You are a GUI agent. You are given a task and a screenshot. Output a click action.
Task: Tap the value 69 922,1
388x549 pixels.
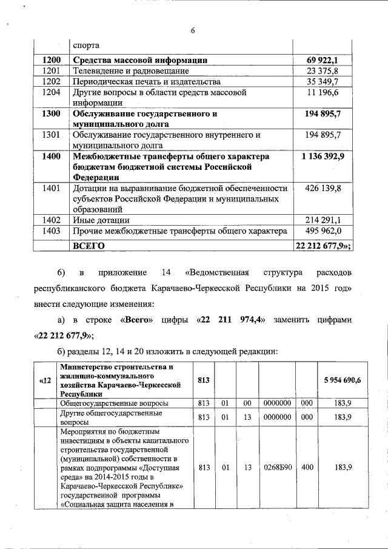[323, 60]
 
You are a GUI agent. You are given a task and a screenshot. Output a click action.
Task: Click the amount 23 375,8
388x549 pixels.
[323, 70]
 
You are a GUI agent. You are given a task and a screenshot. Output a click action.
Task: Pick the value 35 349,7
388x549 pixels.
[323, 81]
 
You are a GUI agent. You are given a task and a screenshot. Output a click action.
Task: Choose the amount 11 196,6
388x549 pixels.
[323, 92]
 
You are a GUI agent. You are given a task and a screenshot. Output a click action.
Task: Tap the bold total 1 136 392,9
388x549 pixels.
[323, 156]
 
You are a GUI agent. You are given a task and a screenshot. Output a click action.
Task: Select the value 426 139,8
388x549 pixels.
[323, 189]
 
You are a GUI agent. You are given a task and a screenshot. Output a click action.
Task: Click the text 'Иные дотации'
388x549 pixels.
[101, 220]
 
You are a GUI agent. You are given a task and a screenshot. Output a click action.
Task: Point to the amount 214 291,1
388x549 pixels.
[323, 220]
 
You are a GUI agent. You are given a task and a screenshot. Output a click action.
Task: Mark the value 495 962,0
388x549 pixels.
[323, 231]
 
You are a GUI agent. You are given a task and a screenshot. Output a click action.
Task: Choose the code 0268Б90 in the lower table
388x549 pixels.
[276, 466]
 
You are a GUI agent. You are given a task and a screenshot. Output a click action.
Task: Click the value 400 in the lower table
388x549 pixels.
[307, 466]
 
